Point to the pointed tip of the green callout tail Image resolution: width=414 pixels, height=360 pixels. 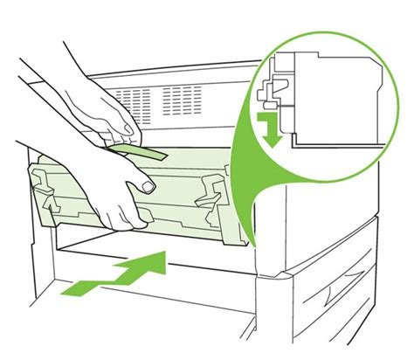pos(250,245)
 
